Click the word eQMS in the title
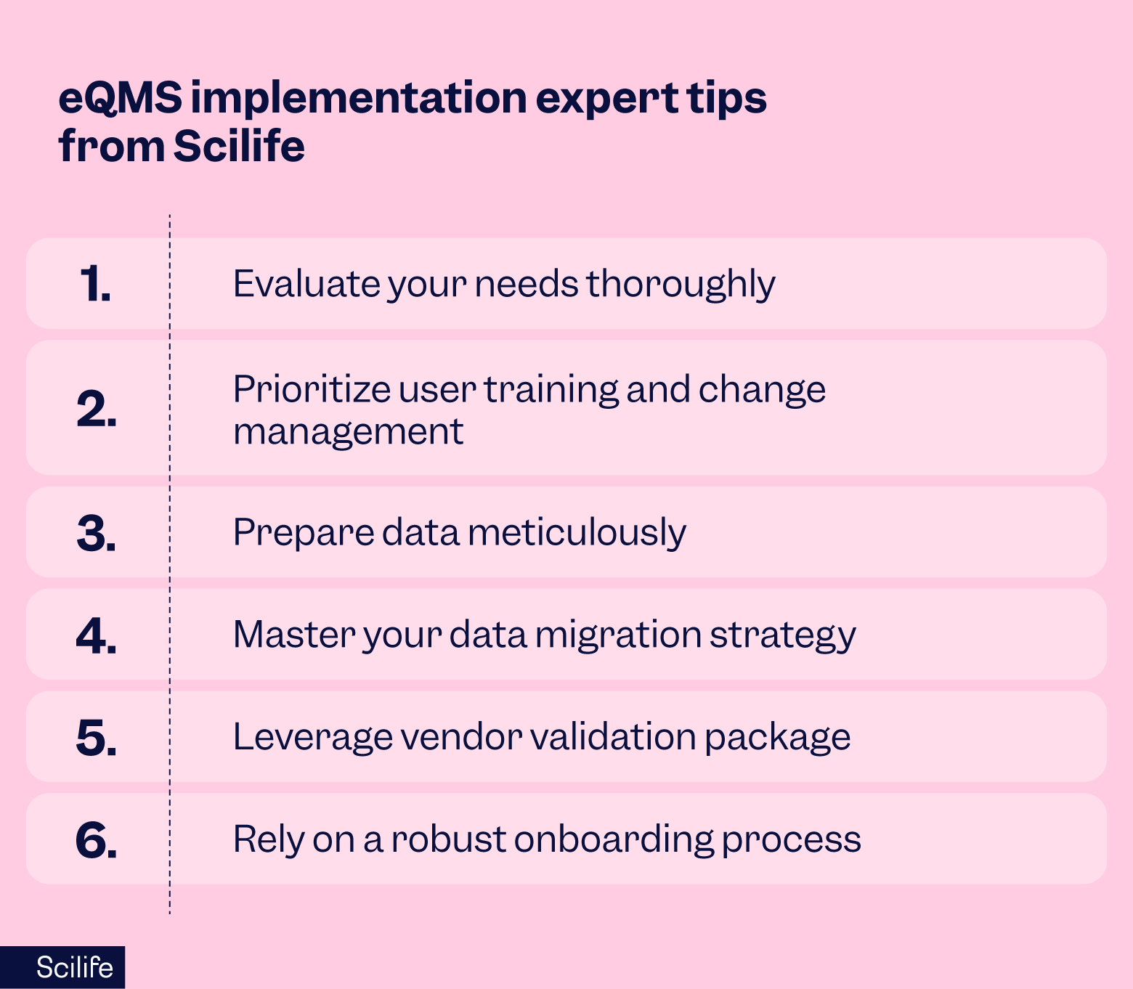(120, 98)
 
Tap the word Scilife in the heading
(239, 146)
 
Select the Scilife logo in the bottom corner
(74, 967)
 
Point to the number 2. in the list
(96, 409)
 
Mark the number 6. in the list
(96, 840)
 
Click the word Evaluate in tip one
(306, 283)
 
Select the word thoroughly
(681, 285)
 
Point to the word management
(348, 432)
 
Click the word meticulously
(577, 532)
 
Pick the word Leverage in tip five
(312, 738)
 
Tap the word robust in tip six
(448, 839)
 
